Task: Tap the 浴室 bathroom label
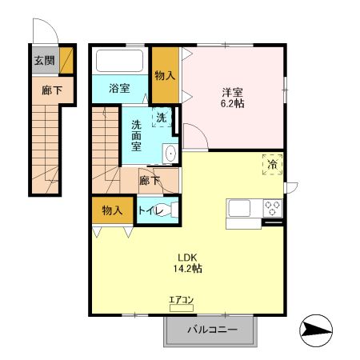(119, 89)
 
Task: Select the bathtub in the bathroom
(120, 62)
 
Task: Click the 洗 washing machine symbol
(162, 117)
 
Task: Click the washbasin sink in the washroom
(170, 152)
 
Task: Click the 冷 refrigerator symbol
(272, 165)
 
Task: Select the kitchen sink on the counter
(241, 209)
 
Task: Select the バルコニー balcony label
(212, 329)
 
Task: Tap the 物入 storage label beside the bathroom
(166, 75)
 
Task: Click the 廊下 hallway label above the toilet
(150, 181)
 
